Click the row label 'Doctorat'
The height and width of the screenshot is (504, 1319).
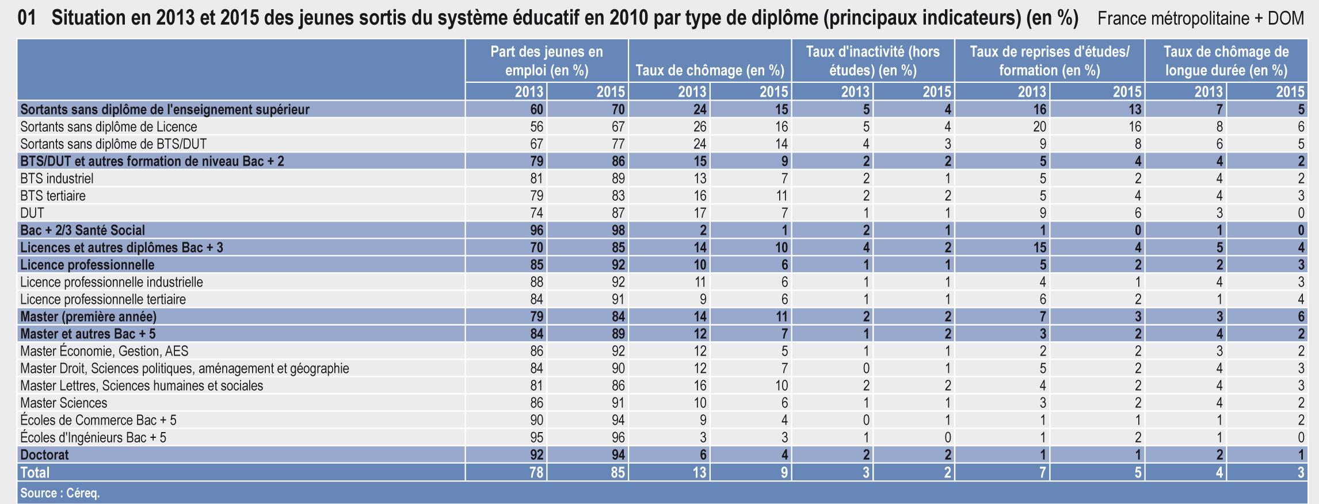pos(44,455)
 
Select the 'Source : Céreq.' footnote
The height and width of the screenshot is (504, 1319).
pos(60,493)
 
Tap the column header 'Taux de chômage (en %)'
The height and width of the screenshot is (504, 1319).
pos(710,71)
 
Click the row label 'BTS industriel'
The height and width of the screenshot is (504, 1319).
pos(56,178)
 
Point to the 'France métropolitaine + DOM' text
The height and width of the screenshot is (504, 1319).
pos(1200,18)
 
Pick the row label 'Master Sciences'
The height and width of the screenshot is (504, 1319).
pos(63,403)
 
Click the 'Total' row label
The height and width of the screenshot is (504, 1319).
pos(35,472)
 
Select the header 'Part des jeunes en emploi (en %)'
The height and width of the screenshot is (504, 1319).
pos(546,61)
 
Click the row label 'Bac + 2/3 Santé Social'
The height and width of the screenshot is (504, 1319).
pos(82,230)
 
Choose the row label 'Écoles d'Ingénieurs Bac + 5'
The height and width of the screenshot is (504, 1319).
pos(93,437)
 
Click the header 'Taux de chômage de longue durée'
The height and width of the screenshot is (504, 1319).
pos(1226,61)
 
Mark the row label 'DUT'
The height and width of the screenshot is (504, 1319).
pos(32,213)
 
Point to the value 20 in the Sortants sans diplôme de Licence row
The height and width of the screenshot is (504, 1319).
pos(1039,127)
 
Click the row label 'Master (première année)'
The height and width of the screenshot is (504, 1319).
pos(88,316)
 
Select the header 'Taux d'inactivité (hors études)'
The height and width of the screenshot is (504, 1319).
pos(872,61)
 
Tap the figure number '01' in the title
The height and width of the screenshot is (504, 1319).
pos(27,18)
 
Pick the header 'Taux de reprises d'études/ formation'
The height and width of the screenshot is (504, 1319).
pos(1049,61)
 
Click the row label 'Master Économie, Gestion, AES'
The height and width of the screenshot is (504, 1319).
pos(104,351)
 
